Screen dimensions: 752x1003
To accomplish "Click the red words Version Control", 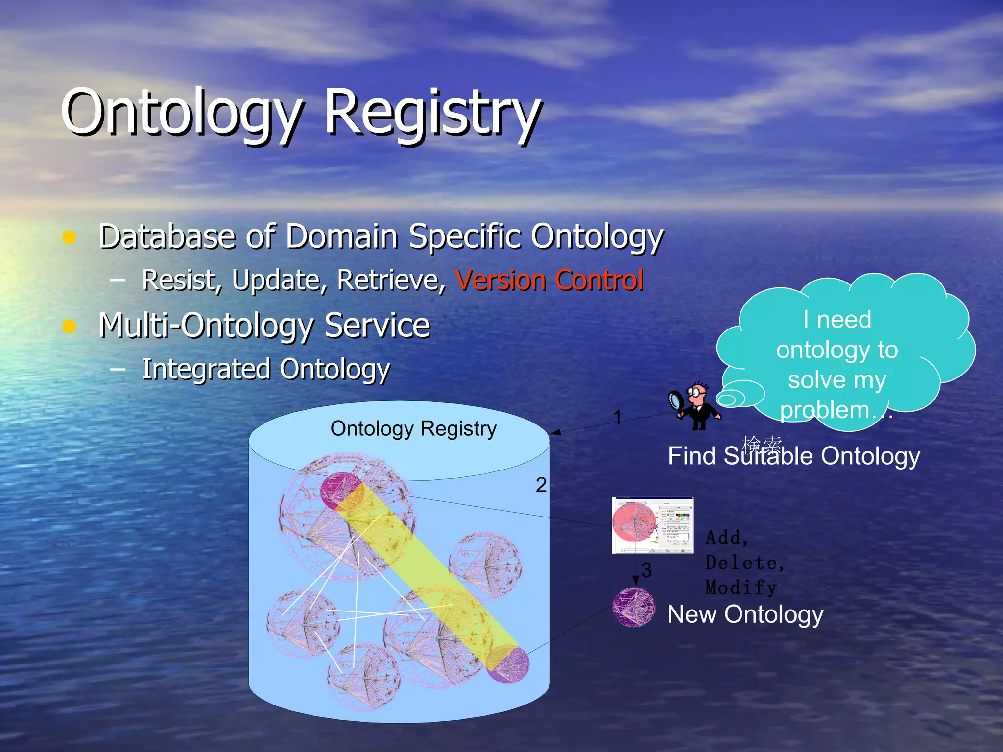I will point(549,280).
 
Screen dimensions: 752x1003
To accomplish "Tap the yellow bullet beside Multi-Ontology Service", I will point(70,326).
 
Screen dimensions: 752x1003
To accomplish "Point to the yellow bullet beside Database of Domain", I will point(70,237).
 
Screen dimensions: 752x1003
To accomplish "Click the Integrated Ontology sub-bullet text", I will point(266,369).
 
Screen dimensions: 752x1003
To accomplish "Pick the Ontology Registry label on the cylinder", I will point(413,428).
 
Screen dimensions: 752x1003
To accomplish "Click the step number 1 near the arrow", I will point(617,417).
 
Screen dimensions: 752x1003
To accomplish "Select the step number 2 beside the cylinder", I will point(541,485).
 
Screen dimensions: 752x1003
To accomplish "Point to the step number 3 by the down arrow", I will point(646,570).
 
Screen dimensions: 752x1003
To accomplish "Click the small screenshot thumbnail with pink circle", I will point(652,525).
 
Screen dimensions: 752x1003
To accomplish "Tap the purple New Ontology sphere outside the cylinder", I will point(634,607).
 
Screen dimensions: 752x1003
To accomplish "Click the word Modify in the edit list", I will point(740,587).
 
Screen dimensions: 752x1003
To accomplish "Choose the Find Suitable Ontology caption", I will point(794,456).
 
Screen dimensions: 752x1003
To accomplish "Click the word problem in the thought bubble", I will point(824,410).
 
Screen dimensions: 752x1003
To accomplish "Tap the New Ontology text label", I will point(745,614).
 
